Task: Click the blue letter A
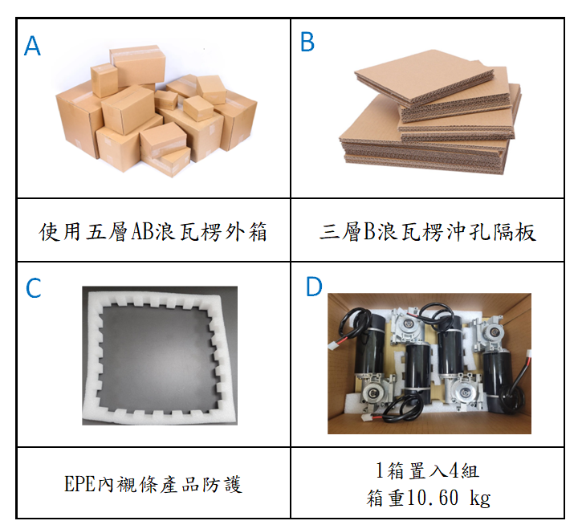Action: click(x=32, y=46)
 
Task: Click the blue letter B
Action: click(x=307, y=42)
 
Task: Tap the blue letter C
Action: click(x=33, y=288)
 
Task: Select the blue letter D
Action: click(x=314, y=287)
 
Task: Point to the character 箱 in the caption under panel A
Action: click(x=258, y=232)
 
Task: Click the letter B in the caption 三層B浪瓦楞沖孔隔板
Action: click(x=369, y=232)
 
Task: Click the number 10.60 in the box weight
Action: click(x=433, y=497)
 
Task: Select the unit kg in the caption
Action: click(x=480, y=498)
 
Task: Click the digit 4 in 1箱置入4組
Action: click(x=454, y=470)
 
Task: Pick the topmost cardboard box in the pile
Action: click(x=137, y=66)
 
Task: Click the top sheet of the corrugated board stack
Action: click(x=425, y=77)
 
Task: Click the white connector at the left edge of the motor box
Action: click(x=334, y=346)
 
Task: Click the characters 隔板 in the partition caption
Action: click(x=524, y=232)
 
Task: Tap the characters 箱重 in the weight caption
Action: click(x=386, y=498)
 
